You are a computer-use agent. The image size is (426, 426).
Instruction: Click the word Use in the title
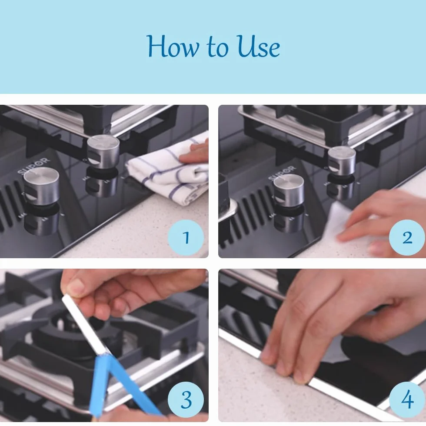258,46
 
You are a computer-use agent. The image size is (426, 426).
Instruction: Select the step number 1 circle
186,237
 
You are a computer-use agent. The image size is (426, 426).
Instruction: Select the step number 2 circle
407,237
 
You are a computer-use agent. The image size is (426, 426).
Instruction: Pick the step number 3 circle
186,399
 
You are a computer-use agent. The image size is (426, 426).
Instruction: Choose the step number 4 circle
407,399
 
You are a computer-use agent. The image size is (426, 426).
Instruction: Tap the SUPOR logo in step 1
33,166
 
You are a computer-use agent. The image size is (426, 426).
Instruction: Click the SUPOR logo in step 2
282,173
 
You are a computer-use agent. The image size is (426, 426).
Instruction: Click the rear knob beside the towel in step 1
103,152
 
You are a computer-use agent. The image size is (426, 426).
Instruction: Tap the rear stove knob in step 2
342,161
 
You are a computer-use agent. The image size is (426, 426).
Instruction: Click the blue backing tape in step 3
120,386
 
